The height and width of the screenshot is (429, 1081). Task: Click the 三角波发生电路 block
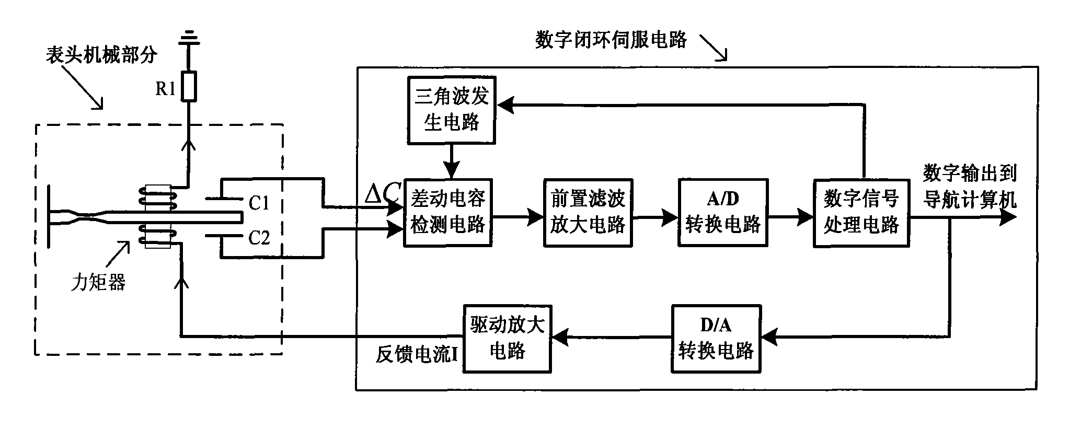point(451,110)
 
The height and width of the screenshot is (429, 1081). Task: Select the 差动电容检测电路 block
point(448,213)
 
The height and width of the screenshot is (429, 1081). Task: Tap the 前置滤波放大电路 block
point(588,213)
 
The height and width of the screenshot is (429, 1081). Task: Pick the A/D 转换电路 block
point(723,213)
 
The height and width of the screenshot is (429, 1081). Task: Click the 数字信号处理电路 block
point(861,213)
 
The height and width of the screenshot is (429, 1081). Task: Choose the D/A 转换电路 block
point(716,339)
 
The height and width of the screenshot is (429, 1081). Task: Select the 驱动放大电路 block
point(507,339)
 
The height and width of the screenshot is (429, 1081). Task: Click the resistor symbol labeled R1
point(189,86)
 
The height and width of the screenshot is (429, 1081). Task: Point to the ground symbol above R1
point(189,40)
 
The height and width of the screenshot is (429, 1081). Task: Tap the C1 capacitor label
point(259,202)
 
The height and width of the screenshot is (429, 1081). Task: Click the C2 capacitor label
point(259,238)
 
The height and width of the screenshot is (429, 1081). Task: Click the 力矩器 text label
point(98,283)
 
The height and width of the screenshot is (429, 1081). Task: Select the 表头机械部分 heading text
point(101,54)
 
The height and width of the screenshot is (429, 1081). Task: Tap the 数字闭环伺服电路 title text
point(611,40)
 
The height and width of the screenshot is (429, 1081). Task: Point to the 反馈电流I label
point(417,355)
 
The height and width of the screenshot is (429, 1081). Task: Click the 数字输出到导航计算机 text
point(969,186)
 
